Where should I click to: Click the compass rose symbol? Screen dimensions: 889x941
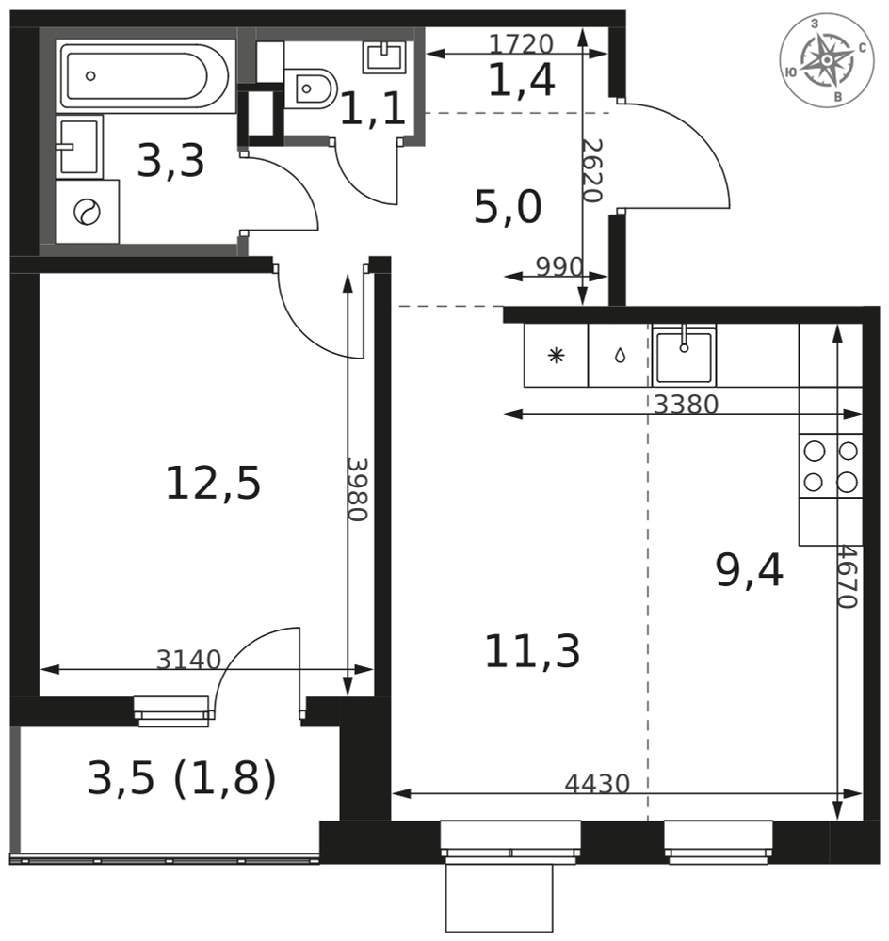point(827,59)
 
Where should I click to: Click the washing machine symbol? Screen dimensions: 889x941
point(88,212)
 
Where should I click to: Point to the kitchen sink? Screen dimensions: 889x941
point(684,356)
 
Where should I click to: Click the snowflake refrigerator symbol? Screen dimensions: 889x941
point(557,356)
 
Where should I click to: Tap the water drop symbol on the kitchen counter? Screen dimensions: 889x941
point(620,357)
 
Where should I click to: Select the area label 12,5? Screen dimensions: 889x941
point(213,484)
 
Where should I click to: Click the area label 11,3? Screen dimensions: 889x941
point(532,652)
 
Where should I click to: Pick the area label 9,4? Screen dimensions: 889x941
point(750,571)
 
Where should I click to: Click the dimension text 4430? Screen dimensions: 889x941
point(597,783)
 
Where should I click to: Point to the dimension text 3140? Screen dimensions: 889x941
point(188,660)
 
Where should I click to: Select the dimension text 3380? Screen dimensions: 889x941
point(686,405)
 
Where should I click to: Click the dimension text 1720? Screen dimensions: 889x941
point(521,44)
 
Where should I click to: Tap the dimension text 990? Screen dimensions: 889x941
point(558,267)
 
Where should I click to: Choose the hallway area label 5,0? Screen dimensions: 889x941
point(508,207)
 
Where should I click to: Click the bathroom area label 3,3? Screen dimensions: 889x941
point(170,161)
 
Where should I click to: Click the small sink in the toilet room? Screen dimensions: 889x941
point(383,56)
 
